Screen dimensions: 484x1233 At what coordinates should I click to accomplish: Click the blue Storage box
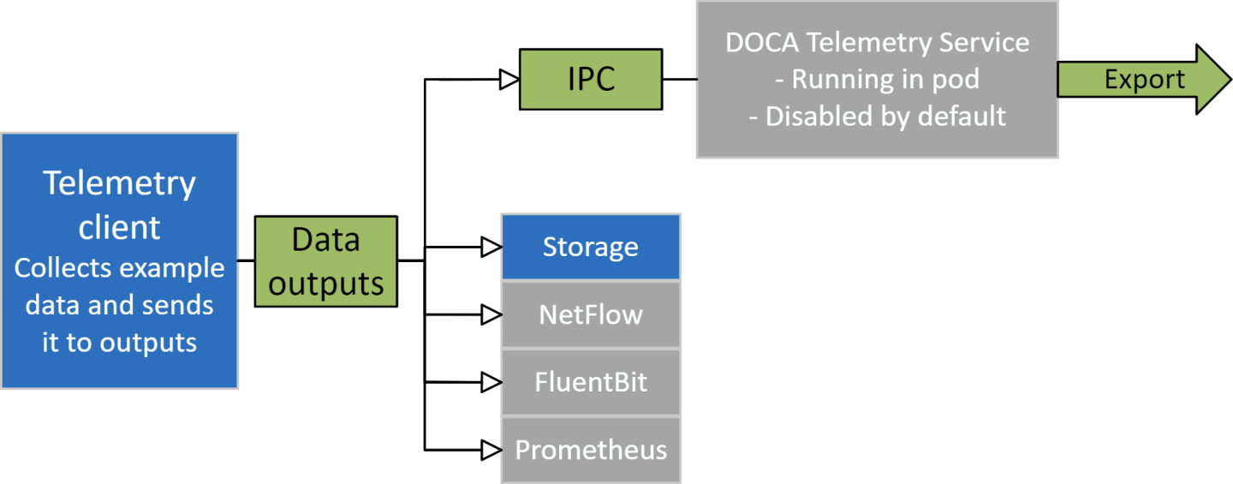pyautogui.click(x=590, y=248)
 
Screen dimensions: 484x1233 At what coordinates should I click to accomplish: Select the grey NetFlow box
pyautogui.click(x=590, y=314)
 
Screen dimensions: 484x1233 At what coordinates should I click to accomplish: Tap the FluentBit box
pyautogui.click(x=590, y=381)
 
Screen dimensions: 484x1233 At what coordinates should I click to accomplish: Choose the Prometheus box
pyautogui.click(x=590, y=450)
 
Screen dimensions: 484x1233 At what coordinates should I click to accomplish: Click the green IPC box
pyautogui.click(x=591, y=80)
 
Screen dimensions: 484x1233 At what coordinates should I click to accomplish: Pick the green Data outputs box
pyautogui.click(x=326, y=261)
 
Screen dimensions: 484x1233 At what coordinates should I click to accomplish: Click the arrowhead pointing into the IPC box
pyautogui.click(x=509, y=80)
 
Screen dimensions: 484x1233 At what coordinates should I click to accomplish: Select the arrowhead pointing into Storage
pyautogui.click(x=491, y=248)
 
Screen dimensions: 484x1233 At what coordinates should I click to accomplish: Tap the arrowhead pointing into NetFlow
pyautogui.click(x=491, y=314)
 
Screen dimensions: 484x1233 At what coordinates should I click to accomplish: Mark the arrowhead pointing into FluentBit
pyautogui.click(x=491, y=381)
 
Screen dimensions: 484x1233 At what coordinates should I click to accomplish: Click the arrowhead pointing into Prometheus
pyautogui.click(x=491, y=450)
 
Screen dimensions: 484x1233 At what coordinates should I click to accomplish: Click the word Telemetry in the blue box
pyautogui.click(x=120, y=184)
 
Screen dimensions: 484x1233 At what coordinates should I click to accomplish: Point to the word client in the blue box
pyautogui.click(x=120, y=227)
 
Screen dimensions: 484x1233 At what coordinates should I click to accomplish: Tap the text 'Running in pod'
pyautogui.click(x=885, y=80)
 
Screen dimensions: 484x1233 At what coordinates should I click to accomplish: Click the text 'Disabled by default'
pyautogui.click(x=885, y=116)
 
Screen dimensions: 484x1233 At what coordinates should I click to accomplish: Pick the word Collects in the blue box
pyautogui.click(x=63, y=268)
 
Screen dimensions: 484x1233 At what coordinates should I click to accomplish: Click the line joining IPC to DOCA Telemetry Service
pyautogui.click(x=679, y=80)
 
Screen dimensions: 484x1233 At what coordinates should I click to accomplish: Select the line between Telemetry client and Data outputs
pyautogui.click(x=246, y=260)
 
